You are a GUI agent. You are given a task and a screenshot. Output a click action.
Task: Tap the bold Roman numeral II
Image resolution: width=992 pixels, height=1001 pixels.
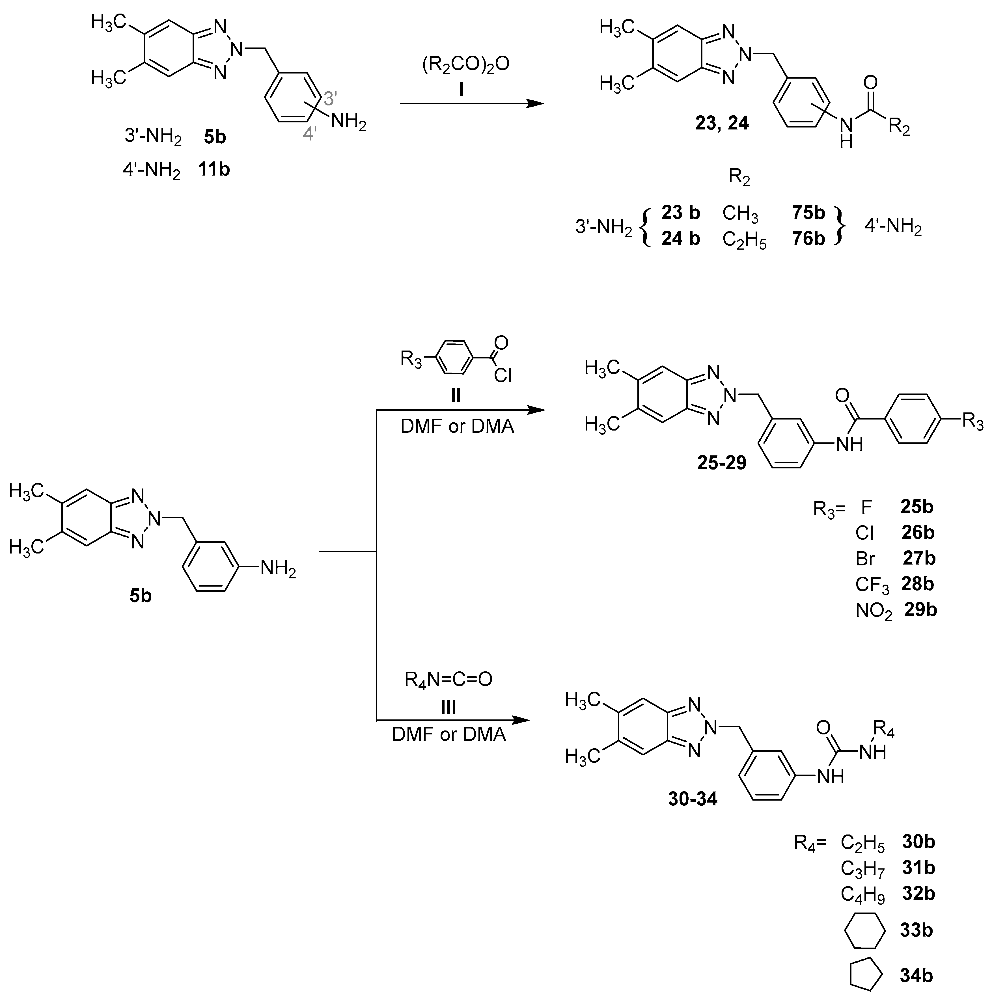(x=456, y=396)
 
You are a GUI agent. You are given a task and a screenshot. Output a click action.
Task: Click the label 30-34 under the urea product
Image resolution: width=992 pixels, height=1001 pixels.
(x=693, y=799)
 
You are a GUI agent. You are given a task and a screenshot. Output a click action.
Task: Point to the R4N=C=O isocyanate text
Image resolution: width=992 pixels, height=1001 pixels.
(x=448, y=679)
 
